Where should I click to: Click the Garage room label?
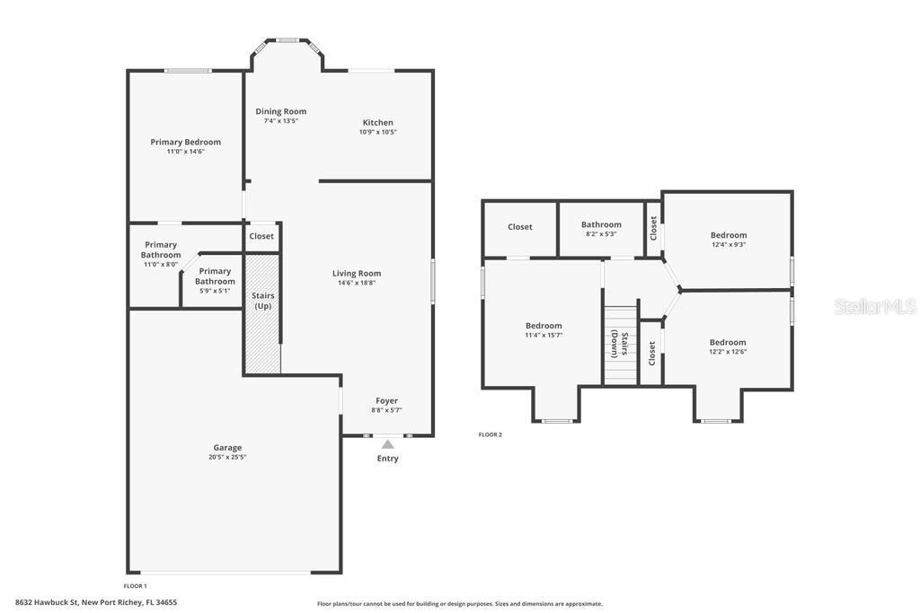pyautogui.click(x=227, y=448)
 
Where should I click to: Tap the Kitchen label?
pyautogui.click(x=378, y=122)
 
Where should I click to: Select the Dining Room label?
pyautogui.click(x=281, y=111)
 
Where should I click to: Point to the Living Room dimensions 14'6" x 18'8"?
pyautogui.click(x=357, y=283)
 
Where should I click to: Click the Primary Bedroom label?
pyautogui.click(x=185, y=142)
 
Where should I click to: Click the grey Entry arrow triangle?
pyautogui.click(x=388, y=444)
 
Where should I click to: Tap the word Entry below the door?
pyautogui.click(x=388, y=459)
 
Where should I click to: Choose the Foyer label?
pyautogui.click(x=386, y=401)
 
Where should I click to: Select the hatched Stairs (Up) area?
pyautogui.click(x=263, y=313)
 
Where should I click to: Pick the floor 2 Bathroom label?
pyautogui.click(x=601, y=224)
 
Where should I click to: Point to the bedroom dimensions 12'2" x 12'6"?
pyautogui.click(x=728, y=352)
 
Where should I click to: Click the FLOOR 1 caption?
pyautogui.click(x=135, y=586)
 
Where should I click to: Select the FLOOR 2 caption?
pyautogui.click(x=491, y=434)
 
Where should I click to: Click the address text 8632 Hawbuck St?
pyautogui.click(x=47, y=602)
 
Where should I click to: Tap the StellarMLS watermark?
pyautogui.click(x=875, y=306)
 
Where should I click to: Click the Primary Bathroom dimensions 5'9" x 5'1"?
pyautogui.click(x=215, y=291)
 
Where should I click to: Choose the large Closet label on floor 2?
pyautogui.click(x=520, y=227)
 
